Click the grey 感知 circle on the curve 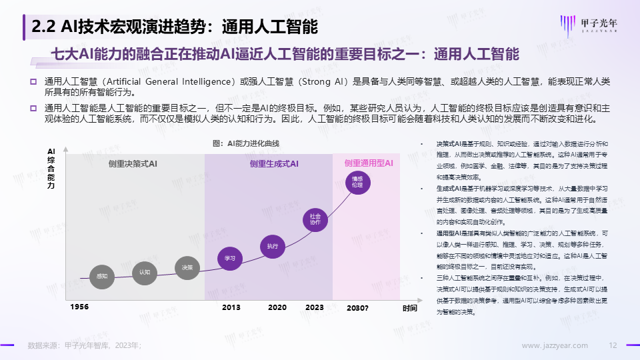(x=102, y=276)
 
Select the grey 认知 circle (x=145, y=273)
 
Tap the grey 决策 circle (x=187, y=267)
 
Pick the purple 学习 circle (x=230, y=258)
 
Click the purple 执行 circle (x=272, y=246)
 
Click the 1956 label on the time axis (x=79, y=307)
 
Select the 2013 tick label (x=231, y=307)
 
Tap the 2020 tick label (x=277, y=307)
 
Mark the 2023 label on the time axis (x=314, y=307)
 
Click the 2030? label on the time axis (x=357, y=308)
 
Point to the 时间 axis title (x=409, y=308)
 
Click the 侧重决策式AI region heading (x=132, y=163)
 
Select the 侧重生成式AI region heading (x=274, y=163)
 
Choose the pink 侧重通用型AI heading (x=369, y=163)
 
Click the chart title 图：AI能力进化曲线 (x=245, y=143)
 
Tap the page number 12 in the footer (x=614, y=345)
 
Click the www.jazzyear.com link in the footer (x=554, y=345)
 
